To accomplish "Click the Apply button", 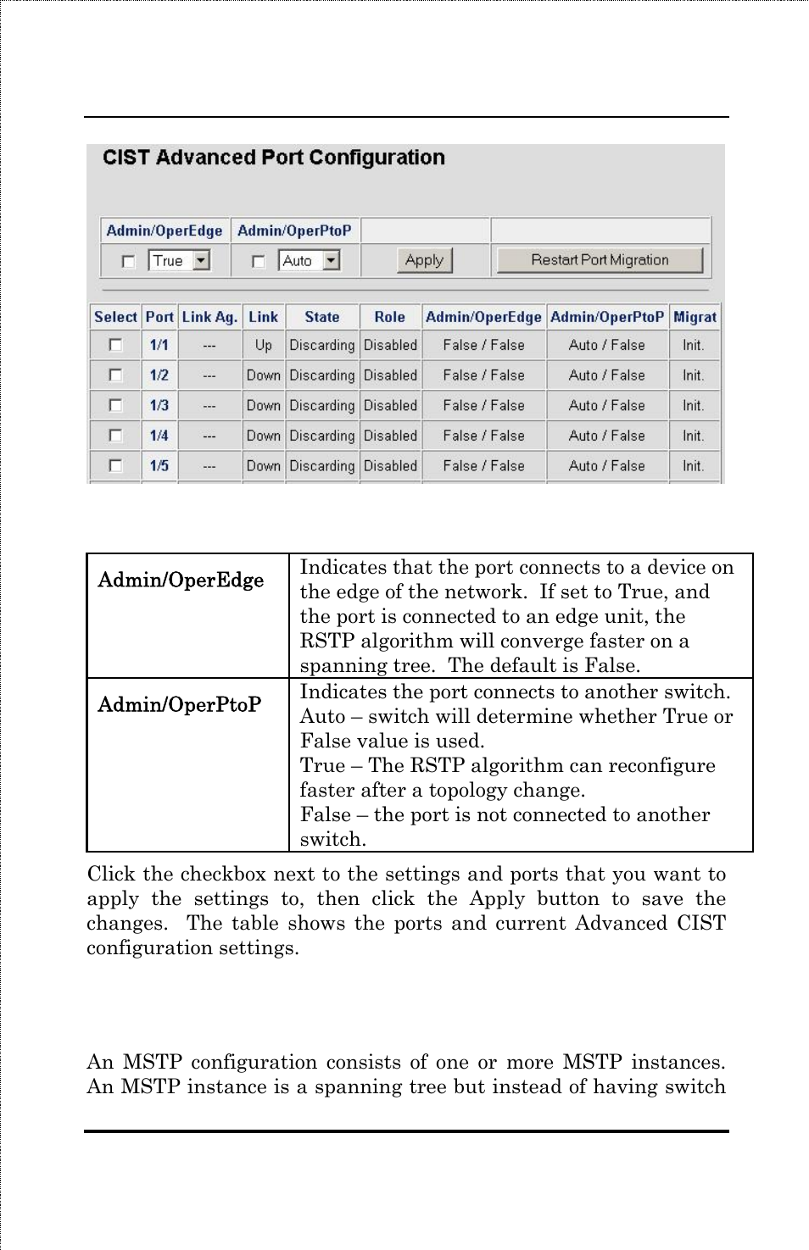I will (x=424, y=260).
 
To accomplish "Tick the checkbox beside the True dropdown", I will (x=128, y=261).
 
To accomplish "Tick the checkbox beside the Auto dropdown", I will (x=259, y=261).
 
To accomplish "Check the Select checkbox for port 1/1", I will (x=115, y=345).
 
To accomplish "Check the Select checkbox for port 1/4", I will (x=115, y=436).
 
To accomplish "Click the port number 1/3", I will (x=159, y=405).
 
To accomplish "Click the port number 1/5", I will (x=159, y=465).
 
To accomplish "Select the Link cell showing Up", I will (x=263, y=345).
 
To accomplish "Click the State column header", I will (x=321, y=317).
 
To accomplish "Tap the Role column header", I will (x=389, y=317).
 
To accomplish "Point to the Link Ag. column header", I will (x=209, y=317).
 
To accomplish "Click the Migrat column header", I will (x=695, y=317).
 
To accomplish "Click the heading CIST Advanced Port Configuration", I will (x=273, y=158).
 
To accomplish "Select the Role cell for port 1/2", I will (x=390, y=375).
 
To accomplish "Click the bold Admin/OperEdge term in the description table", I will (x=181, y=581).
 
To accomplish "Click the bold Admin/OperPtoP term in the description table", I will (x=179, y=705).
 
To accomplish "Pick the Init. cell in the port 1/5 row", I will (x=693, y=465).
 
